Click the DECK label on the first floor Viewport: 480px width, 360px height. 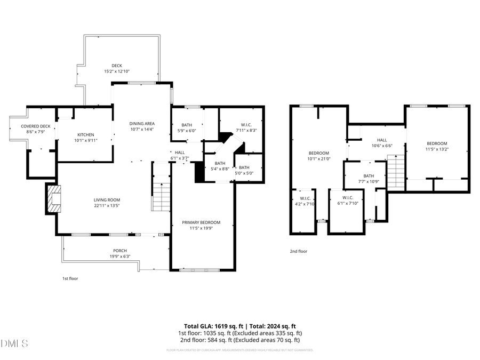click(116, 66)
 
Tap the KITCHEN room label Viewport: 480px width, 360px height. click(85, 134)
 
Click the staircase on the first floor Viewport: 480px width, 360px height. click(161, 195)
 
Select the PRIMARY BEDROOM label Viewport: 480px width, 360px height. click(201, 222)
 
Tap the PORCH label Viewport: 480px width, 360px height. click(119, 251)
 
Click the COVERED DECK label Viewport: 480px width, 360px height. click(36, 126)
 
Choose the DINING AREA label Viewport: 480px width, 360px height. click(142, 124)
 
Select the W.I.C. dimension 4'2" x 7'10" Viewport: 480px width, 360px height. click(305, 204)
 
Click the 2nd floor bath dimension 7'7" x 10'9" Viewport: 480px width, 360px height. click(369, 181)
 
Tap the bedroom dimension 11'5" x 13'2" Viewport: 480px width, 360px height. click(437, 149)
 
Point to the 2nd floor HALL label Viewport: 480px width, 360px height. click(381, 140)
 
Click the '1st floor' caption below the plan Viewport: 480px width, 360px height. click(70, 278)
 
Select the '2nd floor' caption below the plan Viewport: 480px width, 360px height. click(299, 251)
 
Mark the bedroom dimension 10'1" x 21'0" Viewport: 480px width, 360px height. click(319, 158)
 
